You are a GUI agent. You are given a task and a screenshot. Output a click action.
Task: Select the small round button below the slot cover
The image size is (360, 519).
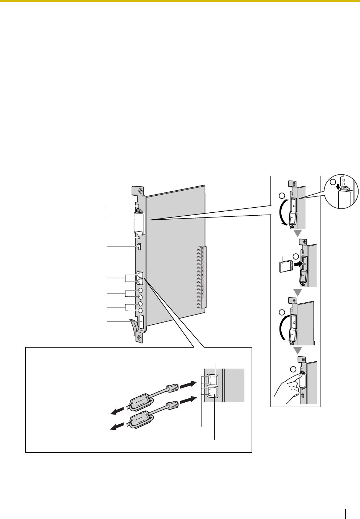click(x=139, y=238)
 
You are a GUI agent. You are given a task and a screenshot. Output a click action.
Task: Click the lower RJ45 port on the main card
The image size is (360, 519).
click(x=140, y=281)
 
